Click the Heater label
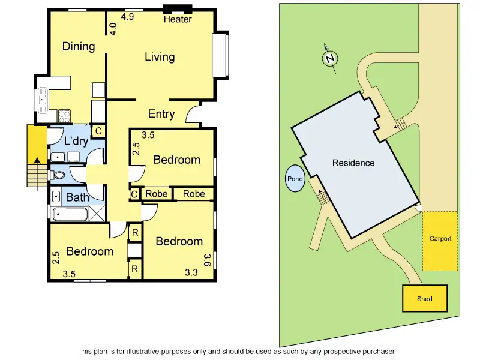178,19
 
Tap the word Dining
79,46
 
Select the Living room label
160,57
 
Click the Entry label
161,114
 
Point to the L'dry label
76,142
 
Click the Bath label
77,197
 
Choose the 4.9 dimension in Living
127,17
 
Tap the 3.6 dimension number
208,260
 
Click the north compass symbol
329,58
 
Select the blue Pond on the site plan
295,179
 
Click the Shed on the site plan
424,298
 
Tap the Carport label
440,239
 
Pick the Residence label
354,163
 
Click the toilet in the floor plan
58,176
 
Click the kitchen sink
43,100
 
